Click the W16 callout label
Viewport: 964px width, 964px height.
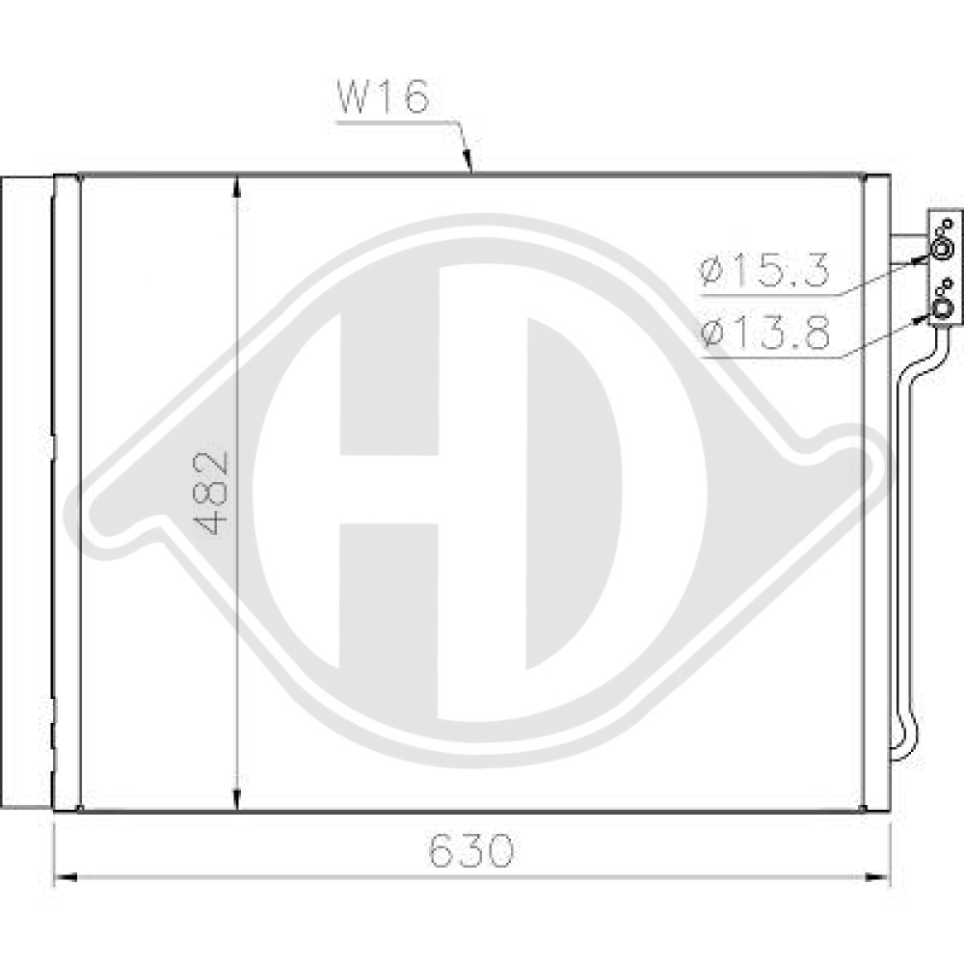point(381,99)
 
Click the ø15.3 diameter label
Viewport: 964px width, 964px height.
point(765,272)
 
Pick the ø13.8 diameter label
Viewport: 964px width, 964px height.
point(765,335)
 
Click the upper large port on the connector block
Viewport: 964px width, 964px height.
point(940,253)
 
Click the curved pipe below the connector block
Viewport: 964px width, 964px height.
point(905,540)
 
